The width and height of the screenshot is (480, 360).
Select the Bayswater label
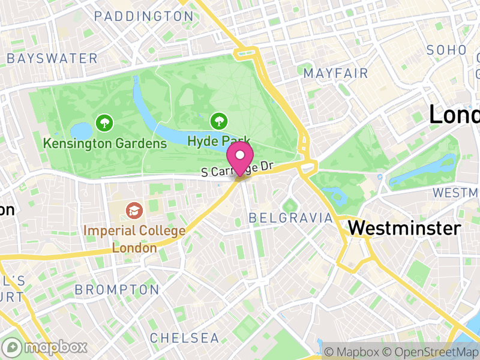[x=52, y=58]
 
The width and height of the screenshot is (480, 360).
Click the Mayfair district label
[x=335, y=73]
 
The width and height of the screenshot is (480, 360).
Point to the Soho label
[x=446, y=50]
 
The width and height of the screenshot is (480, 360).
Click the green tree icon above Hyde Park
[x=218, y=122]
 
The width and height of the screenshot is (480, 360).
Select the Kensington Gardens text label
[x=105, y=143]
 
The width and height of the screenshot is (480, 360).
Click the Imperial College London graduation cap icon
[x=133, y=211]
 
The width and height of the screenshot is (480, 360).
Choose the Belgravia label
[x=290, y=217]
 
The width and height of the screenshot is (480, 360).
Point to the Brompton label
[x=117, y=290]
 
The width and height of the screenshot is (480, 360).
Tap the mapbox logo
[x=46, y=347]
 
